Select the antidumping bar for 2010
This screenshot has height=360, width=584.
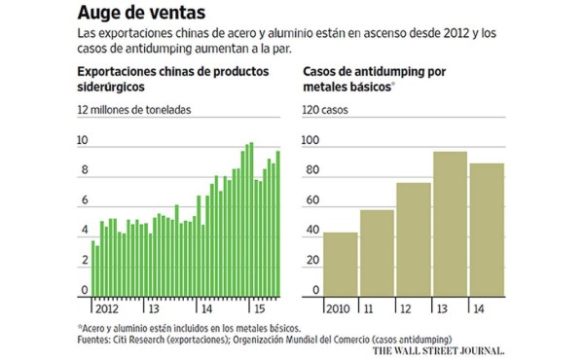(x=340, y=264)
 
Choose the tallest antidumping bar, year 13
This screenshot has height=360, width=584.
(x=450, y=224)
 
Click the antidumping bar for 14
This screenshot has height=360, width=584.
(x=487, y=230)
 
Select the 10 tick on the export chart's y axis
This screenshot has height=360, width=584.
(x=83, y=141)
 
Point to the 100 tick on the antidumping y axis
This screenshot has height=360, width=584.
(x=311, y=141)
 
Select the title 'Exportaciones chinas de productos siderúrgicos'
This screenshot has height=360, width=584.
(x=165, y=79)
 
